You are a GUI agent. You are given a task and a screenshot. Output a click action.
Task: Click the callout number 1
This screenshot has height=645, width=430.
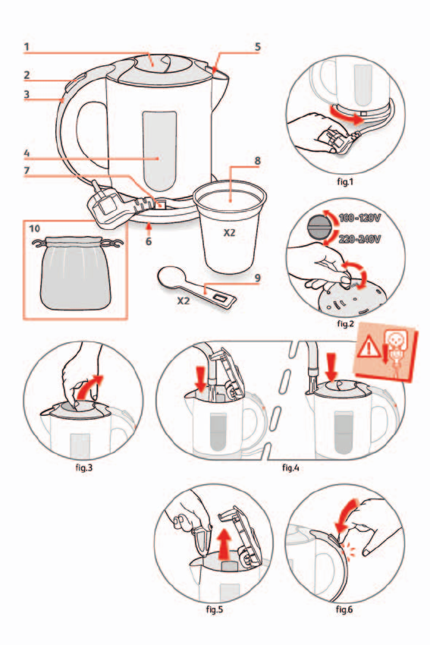(x=27, y=46)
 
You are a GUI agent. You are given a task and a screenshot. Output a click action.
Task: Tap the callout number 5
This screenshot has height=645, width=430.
(x=257, y=46)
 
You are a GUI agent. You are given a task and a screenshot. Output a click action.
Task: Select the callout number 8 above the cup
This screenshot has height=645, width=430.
(x=257, y=160)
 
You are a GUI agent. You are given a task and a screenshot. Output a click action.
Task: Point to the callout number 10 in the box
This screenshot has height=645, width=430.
(x=35, y=228)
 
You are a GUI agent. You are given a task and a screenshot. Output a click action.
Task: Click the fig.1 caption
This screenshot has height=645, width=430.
(x=345, y=181)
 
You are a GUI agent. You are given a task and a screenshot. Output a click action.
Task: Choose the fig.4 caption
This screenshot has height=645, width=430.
(x=290, y=467)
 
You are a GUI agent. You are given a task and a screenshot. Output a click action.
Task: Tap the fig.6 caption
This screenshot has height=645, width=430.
(x=344, y=609)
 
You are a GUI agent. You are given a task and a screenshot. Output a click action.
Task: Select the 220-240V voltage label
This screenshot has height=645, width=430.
(x=359, y=238)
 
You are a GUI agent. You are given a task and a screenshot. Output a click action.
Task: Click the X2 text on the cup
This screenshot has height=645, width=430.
(x=229, y=233)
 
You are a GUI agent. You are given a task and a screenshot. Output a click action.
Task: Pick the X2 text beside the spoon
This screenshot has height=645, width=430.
(x=184, y=300)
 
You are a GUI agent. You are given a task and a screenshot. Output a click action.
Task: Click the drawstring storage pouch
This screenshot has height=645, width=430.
(x=75, y=272)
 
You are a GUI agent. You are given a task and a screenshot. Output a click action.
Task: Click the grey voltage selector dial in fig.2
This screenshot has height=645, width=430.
(x=319, y=228)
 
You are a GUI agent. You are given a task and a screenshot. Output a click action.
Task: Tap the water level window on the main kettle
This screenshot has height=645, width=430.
(x=159, y=151)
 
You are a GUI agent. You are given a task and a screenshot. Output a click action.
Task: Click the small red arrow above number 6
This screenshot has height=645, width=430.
(x=149, y=227)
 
